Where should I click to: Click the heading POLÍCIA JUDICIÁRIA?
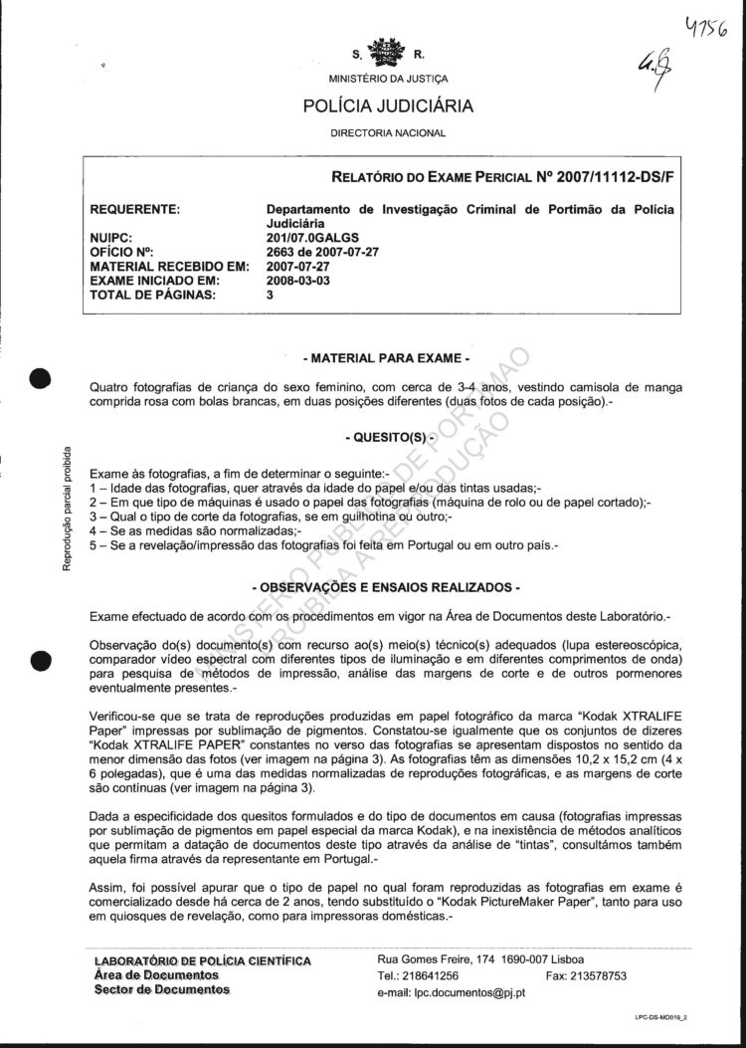[x=387, y=105]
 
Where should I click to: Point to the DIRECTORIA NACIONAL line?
[x=387, y=132]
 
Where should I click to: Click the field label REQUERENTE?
[x=135, y=210]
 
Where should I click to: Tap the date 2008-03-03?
[x=298, y=281]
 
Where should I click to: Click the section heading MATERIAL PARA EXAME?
[x=386, y=356]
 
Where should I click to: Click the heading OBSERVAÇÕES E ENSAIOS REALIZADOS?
[x=386, y=586]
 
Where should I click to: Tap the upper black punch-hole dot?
[x=40, y=379]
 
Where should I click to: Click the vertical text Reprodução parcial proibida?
[x=67, y=508]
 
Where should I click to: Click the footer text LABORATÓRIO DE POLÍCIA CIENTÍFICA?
[x=202, y=961]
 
